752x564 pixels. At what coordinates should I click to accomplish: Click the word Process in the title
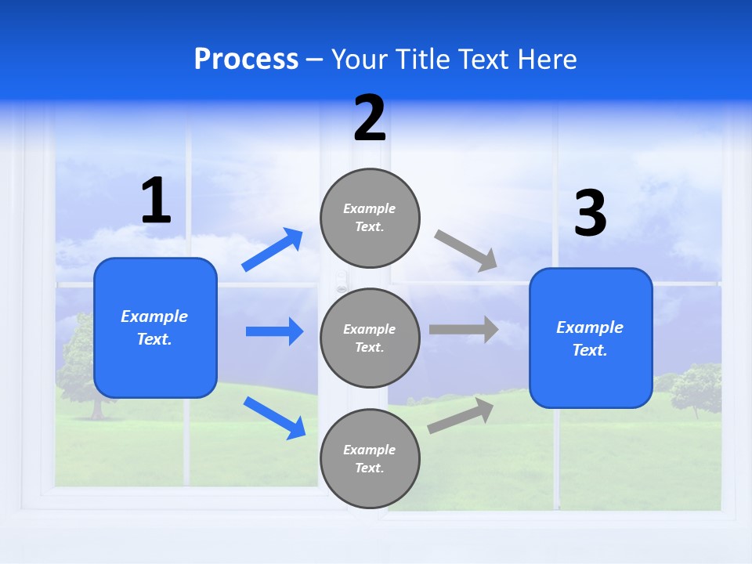pyautogui.click(x=246, y=60)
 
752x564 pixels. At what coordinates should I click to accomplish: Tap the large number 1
pyautogui.click(x=156, y=201)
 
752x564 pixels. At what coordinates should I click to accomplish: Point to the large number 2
pyautogui.click(x=370, y=118)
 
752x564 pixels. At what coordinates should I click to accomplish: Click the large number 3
pyautogui.click(x=590, y=214)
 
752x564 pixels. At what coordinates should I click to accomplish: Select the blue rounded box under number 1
pyautogui.click(x=155, y=327)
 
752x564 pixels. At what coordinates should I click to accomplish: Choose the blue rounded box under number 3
pyautogui.click(x=591, y=338)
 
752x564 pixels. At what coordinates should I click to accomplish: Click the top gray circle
pyautogui.click(x=370, y=218)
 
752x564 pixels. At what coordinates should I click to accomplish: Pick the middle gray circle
pyautogui.click(x=370, y=338)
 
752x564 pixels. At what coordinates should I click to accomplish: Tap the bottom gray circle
pyautogui.click(x=370, y=458)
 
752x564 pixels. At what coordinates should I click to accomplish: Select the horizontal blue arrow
pyautogui.click(x=274, y=331)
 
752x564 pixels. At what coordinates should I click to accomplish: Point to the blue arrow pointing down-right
pyautogui.click(x=275, y=418)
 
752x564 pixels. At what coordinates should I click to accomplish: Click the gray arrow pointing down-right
pyautogui.click(x=467, y=251)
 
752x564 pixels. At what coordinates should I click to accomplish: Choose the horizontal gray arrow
pyautogui.click(x=464, y=329)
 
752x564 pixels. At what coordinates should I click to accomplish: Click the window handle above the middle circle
pyautogui.click(x=341, y=280)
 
